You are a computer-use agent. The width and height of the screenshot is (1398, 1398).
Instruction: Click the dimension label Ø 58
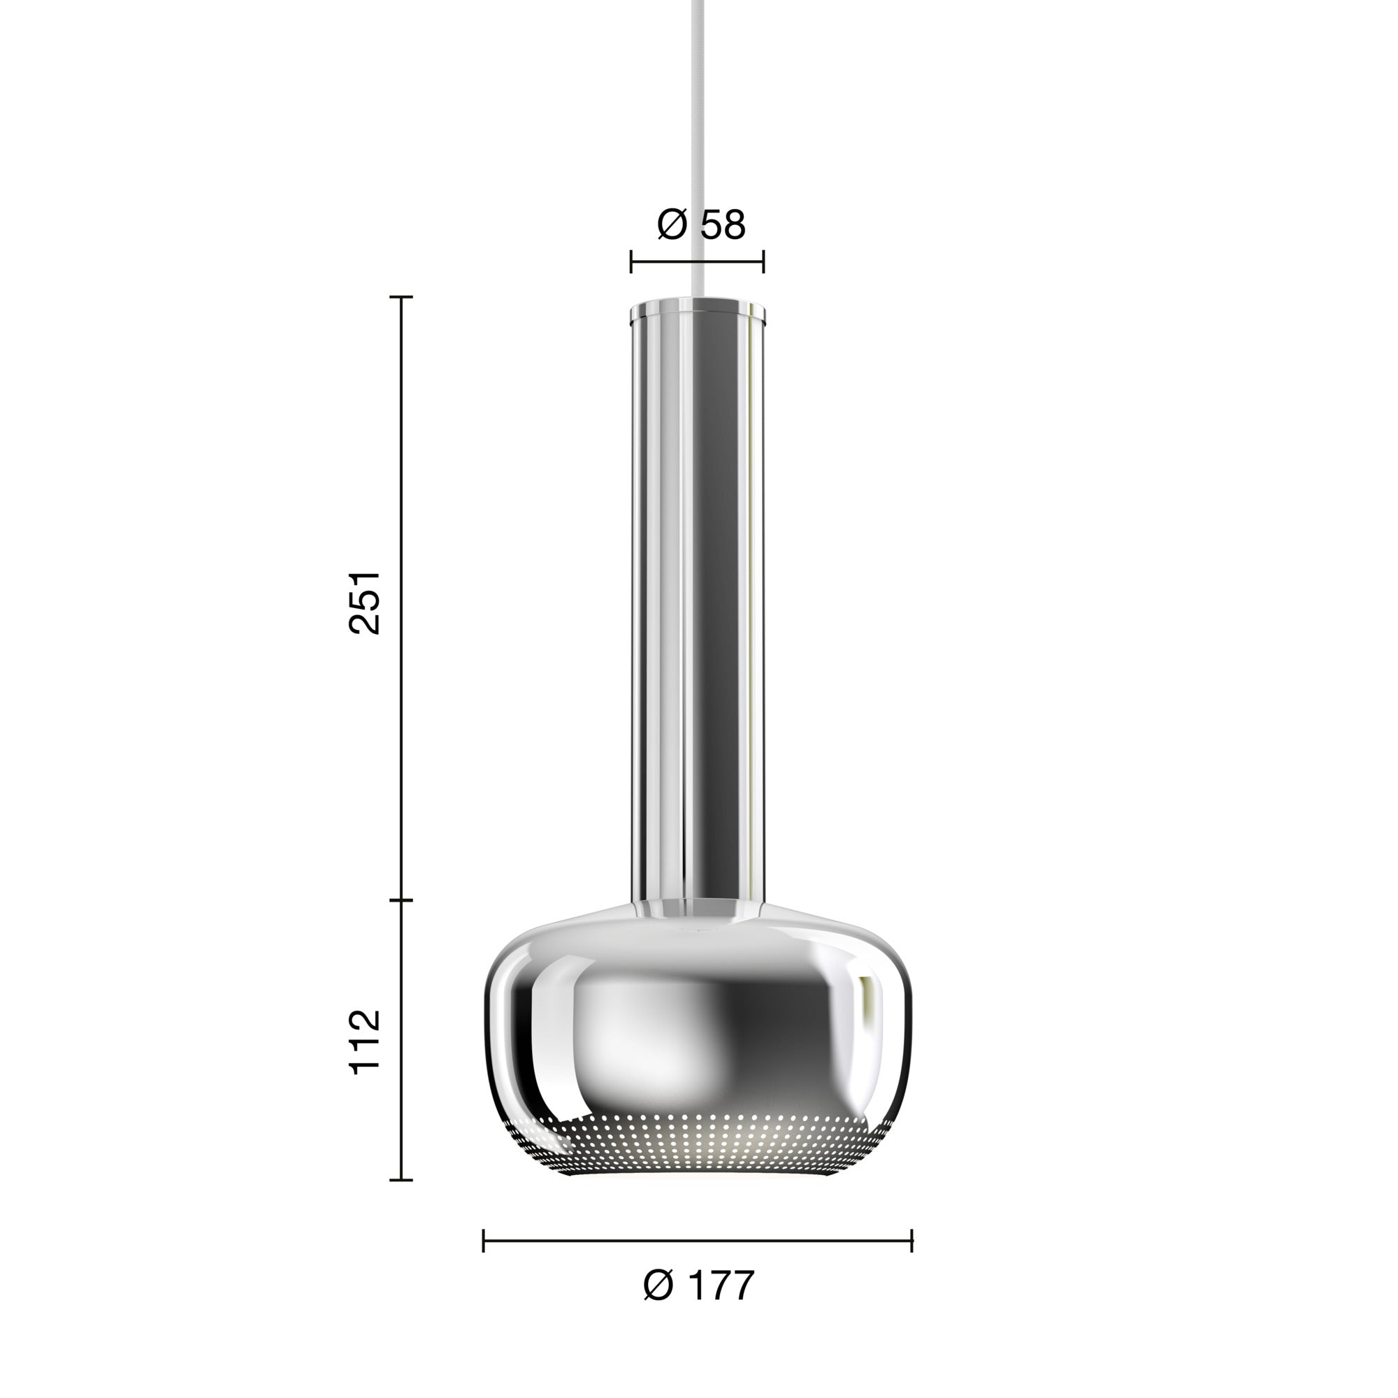700,225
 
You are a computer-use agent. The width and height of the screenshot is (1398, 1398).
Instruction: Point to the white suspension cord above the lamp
698,145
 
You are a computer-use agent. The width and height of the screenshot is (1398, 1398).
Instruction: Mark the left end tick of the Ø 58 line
631,262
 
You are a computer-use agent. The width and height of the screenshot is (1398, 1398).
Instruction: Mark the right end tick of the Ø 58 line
764,262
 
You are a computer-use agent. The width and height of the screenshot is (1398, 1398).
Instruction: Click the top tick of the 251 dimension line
402,296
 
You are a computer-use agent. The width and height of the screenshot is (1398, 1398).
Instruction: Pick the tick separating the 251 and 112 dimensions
402,900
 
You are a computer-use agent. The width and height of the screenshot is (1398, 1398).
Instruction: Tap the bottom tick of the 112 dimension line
402,1180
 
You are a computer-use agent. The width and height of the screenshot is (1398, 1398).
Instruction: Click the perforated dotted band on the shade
698,1151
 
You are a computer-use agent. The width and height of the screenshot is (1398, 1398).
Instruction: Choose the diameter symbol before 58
672,225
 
